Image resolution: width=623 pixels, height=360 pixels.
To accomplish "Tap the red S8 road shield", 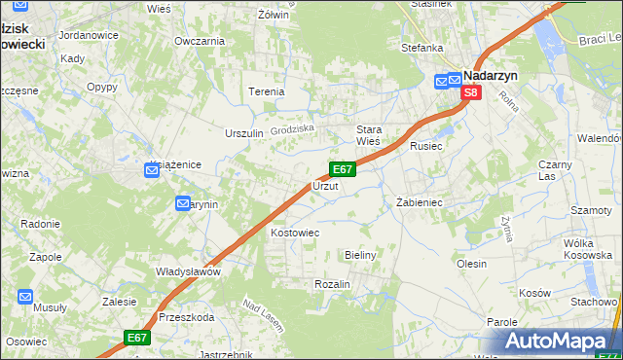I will (471, 92).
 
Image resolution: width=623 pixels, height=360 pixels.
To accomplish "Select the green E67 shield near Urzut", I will (342, 168).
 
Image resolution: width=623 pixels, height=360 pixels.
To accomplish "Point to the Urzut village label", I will (325, 186).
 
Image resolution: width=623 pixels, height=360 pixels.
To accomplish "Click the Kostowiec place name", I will (295, 234).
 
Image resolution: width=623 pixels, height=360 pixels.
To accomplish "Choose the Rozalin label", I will (332, 283).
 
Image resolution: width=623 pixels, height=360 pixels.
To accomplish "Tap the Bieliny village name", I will (360, 254).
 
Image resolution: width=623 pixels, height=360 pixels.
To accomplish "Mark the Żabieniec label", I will (420, 202).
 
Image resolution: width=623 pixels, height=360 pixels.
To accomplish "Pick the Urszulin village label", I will (244, 133).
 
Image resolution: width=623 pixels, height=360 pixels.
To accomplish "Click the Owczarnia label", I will (200, 41).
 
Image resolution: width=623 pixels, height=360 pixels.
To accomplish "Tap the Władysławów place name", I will (189, 271).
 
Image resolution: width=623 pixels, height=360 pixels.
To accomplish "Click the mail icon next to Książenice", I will (152, 170).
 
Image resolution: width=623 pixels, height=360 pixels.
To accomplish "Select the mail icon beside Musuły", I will (25, 297).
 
